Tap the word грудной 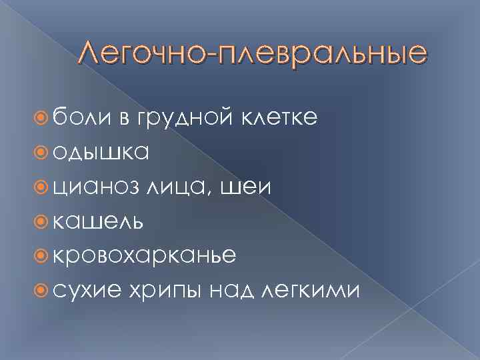179,119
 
